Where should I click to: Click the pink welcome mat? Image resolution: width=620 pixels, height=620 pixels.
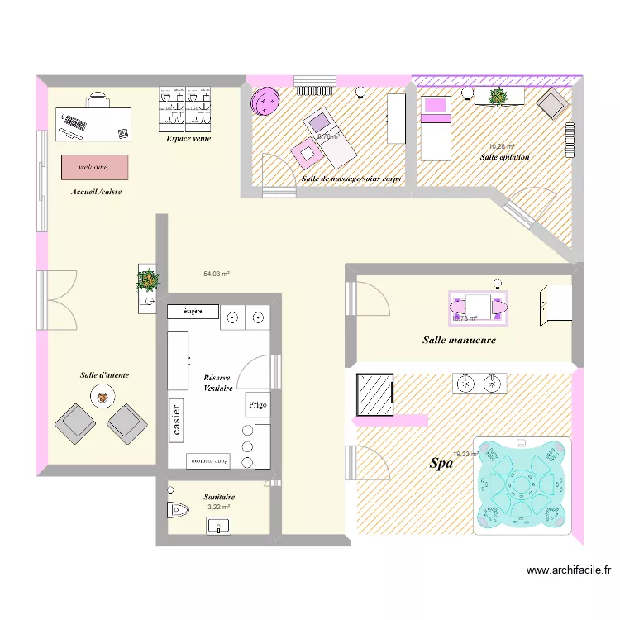(94, 167)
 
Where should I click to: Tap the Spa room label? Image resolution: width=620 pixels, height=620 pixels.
(441, 465)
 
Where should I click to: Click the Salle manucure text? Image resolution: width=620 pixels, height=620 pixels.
(459, 340)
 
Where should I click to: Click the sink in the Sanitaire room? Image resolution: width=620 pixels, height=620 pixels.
(219, 525)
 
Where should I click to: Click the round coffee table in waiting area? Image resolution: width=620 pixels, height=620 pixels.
(102, 398)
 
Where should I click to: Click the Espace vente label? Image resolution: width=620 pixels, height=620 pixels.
(188, 138)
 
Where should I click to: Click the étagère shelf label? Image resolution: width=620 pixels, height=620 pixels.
(193, 312)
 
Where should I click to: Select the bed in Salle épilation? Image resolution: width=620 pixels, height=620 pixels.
(436, 127)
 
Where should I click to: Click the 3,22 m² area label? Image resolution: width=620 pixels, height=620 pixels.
(218, 507)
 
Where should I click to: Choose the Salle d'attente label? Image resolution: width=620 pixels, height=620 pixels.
(104, 375)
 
